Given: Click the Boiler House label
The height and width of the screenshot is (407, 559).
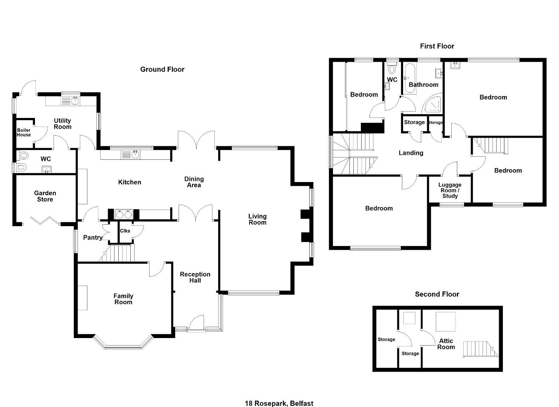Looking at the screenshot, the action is point(24,132).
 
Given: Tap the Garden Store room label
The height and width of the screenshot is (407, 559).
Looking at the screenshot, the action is point(45,196).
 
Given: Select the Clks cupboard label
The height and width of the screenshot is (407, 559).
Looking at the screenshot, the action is point(125,231).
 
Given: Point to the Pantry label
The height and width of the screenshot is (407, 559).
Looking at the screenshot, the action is point(93,237).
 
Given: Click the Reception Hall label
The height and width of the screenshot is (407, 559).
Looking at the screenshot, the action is point(195,277).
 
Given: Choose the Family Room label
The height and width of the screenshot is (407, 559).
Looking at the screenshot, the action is point(123,299).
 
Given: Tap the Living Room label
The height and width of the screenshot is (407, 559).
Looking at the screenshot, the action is point(257,219).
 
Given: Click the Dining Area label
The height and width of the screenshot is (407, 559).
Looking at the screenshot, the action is point(194,182).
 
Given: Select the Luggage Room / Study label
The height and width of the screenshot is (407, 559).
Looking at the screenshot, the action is point(450,190).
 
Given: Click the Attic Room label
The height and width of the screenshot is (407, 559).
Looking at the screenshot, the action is point(446,344).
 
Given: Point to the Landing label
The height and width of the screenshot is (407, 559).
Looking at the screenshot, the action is point(411,153).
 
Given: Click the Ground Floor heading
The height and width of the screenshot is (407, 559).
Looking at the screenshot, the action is point(162,69).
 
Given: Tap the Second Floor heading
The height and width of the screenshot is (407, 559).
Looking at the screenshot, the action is point(437,294).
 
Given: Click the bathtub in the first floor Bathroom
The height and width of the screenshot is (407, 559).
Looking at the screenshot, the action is point(410,78).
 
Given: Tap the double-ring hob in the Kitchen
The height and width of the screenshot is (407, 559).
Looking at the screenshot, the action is point(124,214).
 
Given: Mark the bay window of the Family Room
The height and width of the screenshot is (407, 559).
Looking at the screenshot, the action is point(123,342).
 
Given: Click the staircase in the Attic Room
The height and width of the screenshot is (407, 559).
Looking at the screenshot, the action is point(481,349).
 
